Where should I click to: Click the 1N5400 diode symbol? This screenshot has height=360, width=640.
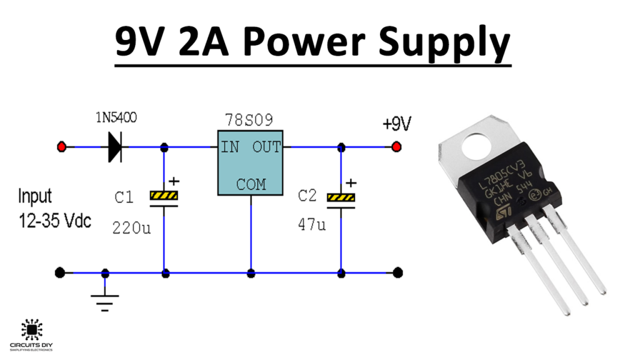[x=114, y=147]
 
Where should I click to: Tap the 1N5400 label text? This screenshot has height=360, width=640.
[x=116, y=117]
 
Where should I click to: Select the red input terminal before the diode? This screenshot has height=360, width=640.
[x=61, y=147]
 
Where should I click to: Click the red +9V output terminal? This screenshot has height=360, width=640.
[x=396, y=147]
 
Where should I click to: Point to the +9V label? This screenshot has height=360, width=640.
[x=397, y=124]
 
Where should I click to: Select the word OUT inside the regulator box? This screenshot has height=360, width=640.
[x=267, y=147]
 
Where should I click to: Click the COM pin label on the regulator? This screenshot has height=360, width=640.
[x=251, y=184]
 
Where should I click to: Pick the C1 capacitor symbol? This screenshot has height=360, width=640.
[x=164, y=197]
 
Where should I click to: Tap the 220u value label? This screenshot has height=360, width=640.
[x=132, y=227]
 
